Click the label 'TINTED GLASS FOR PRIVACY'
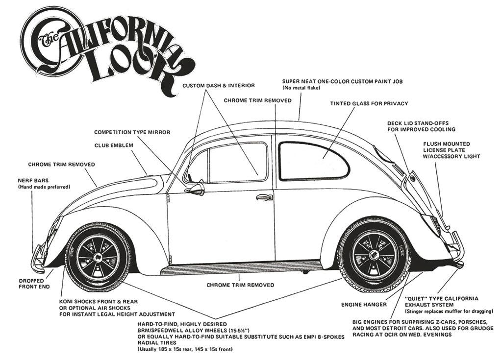click(x=369, y=103)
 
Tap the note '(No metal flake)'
click(x=301, y=88)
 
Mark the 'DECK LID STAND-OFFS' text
click(x=418, y=123)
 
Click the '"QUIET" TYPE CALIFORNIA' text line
click(x=442, y=298)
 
